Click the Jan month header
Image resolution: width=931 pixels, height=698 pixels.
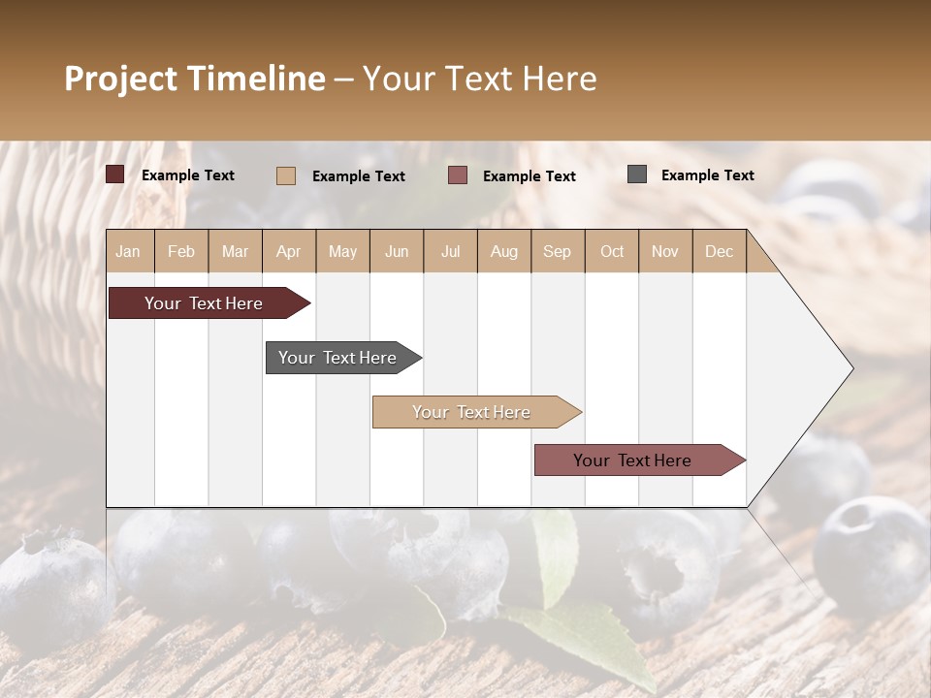coord(129,251)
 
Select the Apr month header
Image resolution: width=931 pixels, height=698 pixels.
coord(289,251)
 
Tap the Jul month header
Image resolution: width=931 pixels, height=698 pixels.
coord(450,251)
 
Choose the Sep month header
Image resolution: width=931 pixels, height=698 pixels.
coord(558,251)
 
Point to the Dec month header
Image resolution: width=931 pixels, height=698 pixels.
coord(719,251)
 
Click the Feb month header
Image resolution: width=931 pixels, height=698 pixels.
coord(181,251)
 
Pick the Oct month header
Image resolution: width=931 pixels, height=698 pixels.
coord(612,251)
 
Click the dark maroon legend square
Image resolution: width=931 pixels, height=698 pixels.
coord(115,174)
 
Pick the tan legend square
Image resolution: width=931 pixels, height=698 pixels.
coord(286,175)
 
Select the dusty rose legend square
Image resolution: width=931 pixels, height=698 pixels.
coord(458,175)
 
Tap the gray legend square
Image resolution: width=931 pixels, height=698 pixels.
coord(637,174)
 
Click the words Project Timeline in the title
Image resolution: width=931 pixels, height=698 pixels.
coord(195,79)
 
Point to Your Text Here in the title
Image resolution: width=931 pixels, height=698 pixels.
coord(480,79)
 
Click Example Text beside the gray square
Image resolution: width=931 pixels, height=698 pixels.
coord(707,175)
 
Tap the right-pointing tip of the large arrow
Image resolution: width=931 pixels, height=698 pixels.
coord(850,368)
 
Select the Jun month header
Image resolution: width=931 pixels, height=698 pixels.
coord(397,251)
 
